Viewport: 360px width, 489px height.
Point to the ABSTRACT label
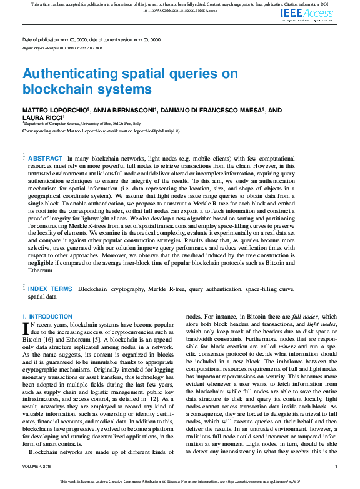click(46, 159)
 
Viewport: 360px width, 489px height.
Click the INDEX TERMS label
click(50, 289)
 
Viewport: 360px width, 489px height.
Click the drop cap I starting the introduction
click(26, 328)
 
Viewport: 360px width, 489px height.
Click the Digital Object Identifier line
click(62, 47)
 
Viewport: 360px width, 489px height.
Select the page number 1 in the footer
click(336, 466)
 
